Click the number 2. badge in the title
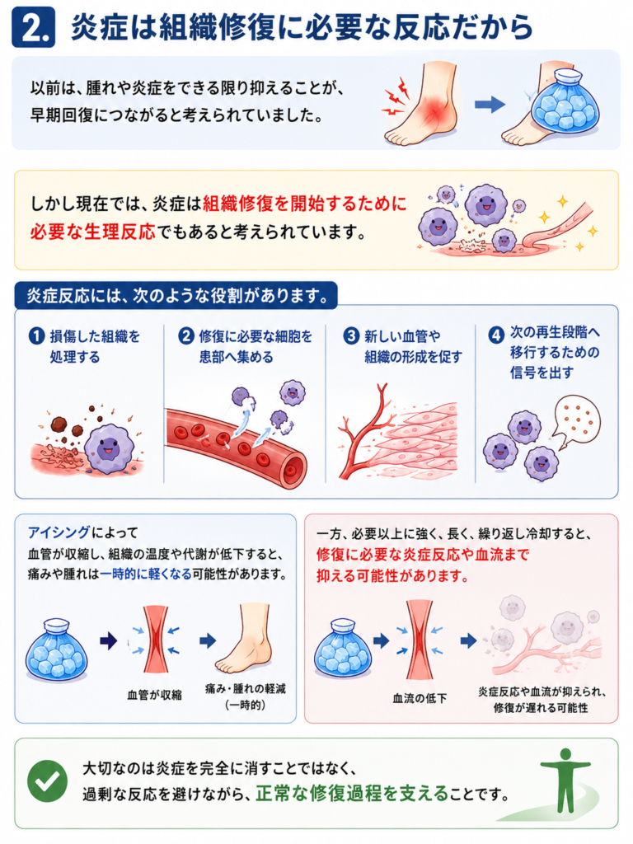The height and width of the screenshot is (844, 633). (33, 27)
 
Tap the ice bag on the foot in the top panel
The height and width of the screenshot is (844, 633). (565, 102)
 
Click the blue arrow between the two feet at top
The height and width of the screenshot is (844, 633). (490, 105)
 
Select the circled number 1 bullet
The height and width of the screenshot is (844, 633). (36, 336)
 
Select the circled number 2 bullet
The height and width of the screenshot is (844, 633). (186, 336)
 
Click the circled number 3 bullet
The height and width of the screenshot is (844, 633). (351, 336)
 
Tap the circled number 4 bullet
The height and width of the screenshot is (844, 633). (495, 335)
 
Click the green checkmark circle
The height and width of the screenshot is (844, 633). (47, 781)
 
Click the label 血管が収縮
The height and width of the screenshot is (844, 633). (154, 695)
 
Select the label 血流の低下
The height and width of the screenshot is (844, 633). (420, 698)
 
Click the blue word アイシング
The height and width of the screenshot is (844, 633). (59, 532)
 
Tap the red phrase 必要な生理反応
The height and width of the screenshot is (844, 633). (92, 232)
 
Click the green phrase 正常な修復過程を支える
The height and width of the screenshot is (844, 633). (352, 794)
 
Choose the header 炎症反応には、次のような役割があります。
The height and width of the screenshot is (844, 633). (177, 296)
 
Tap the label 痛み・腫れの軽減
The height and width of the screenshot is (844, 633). (246, 688)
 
